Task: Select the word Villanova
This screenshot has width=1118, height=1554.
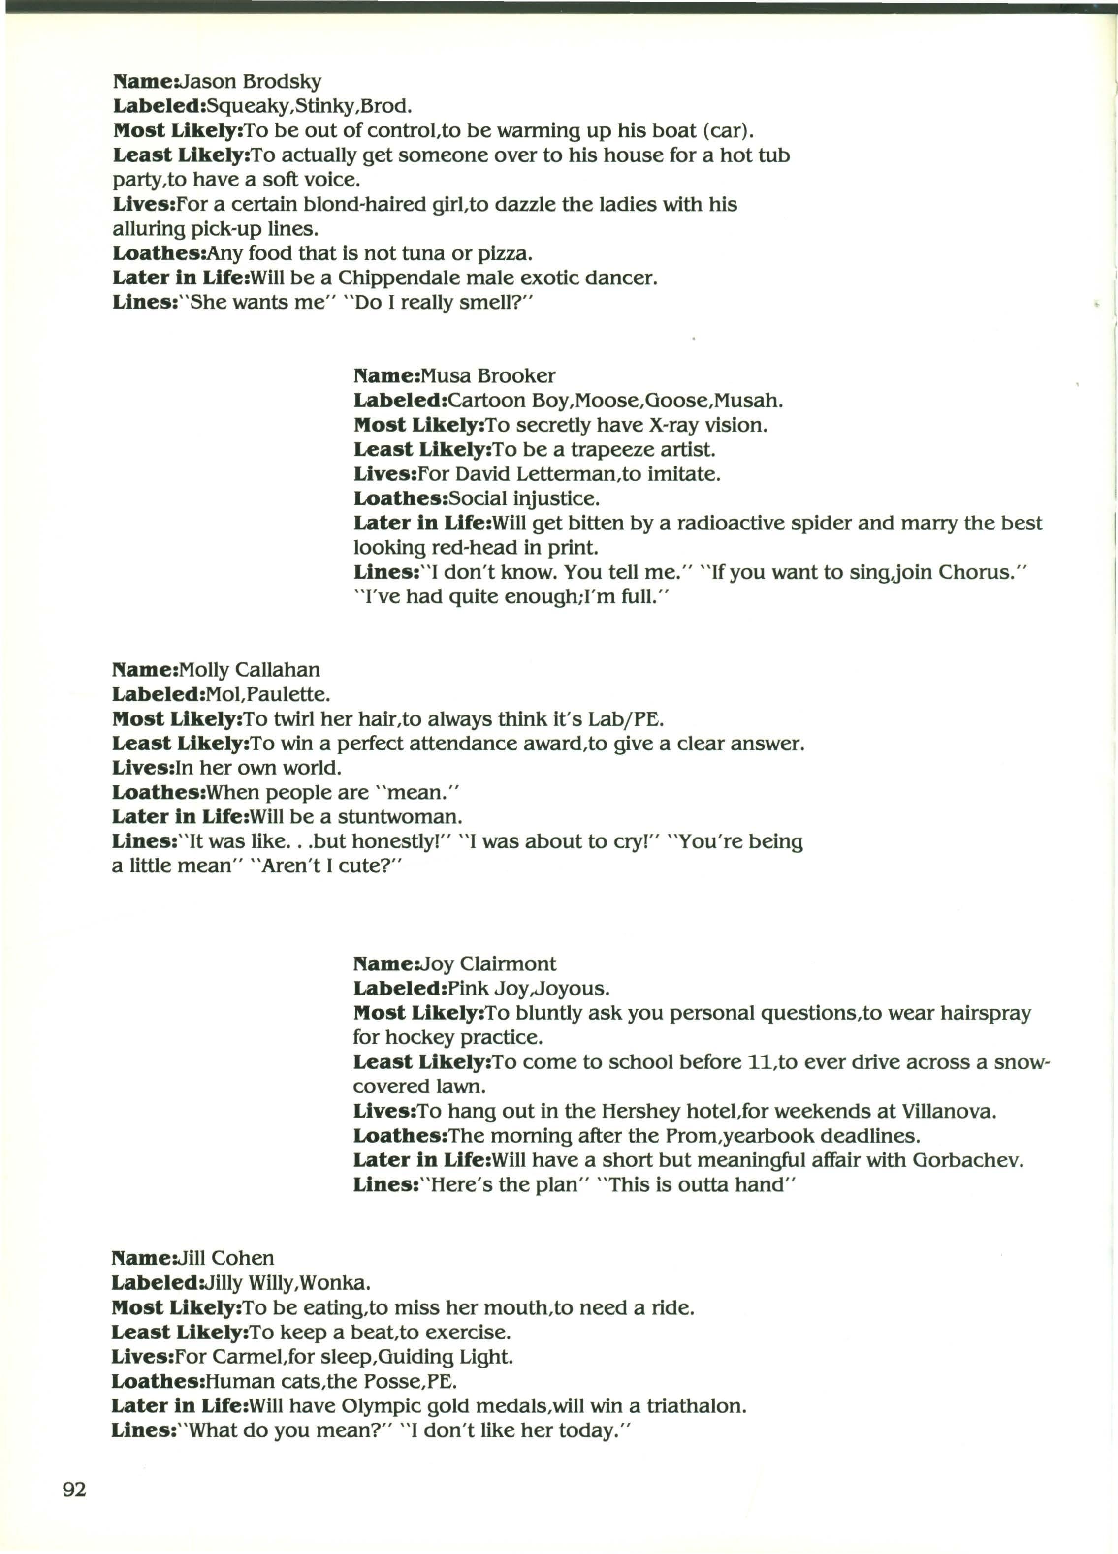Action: point(949,1111)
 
